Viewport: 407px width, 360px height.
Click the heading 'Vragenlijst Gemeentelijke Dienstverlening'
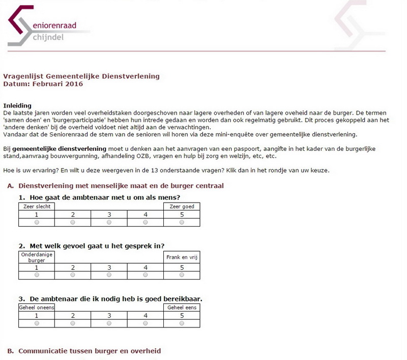tap(81, 76)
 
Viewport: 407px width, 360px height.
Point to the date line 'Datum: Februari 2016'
tap(43, 84)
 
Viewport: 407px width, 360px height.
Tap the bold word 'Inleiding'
tap(17, 105)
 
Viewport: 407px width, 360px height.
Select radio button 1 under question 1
tap(36, 223)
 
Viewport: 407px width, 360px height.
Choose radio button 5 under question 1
tap(182, 223)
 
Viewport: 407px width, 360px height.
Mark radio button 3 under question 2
tap(109, 275)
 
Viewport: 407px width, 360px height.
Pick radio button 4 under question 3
tap(146, 323)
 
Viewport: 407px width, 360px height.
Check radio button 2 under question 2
tap(73, 275)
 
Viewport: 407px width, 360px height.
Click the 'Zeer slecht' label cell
tap(36, 206)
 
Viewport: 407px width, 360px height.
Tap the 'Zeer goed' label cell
tap(182, 206)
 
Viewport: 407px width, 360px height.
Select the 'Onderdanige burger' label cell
tap(36, 257)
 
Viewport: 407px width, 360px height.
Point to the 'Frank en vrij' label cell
tap(182, 257)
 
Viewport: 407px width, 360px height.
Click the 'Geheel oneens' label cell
tap(36, 308)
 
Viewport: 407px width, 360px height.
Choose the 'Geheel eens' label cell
tap(182, 308)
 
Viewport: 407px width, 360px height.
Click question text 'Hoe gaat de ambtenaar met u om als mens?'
tap(105, 197)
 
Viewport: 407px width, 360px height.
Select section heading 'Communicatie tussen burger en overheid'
tap(90, 351)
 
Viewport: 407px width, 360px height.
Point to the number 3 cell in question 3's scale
tap(109, 315)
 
